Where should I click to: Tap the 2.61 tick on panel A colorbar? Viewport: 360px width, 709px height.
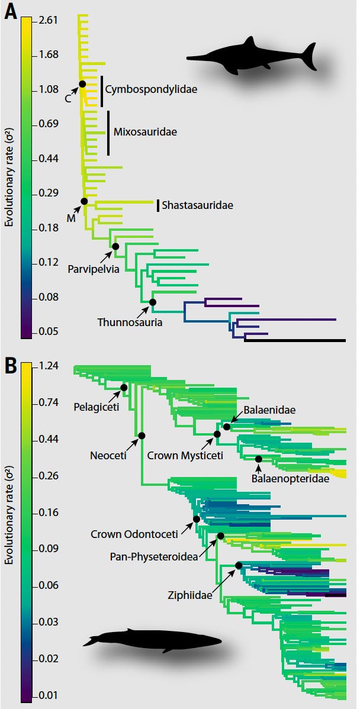click(x=47, y=21)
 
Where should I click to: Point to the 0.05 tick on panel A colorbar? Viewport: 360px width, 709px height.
click(x=47, y=331)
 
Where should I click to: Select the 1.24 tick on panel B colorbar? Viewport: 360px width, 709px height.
click(x=47, y=366)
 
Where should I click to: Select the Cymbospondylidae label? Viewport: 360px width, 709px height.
click(x=151, y=89)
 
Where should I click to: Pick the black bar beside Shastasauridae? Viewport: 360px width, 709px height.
click(x=158, y=205)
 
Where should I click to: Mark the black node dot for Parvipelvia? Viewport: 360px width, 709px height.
click(x=115, y=246)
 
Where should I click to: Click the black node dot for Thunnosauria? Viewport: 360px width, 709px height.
click(x=153, y=302)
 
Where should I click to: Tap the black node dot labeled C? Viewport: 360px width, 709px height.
click(x=82, y=84)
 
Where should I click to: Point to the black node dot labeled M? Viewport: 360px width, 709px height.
click(x=84, y=201)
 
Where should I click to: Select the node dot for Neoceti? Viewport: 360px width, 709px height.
click(x=142, y=436)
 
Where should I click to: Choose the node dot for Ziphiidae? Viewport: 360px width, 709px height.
click(x=239, y=565)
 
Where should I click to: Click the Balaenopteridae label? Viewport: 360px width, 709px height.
click(x=290, y=478)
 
